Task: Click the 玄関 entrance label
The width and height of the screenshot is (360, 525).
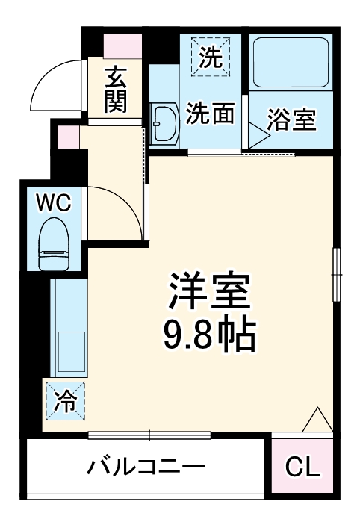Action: coord(115,90)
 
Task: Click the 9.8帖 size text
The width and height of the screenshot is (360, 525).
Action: coord(210,337)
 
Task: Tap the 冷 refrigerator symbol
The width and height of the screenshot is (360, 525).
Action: coord(66,402)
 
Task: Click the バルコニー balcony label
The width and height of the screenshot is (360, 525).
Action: coord(146,467)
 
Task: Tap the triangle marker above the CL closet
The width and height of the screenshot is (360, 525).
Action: coord(317,420)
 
